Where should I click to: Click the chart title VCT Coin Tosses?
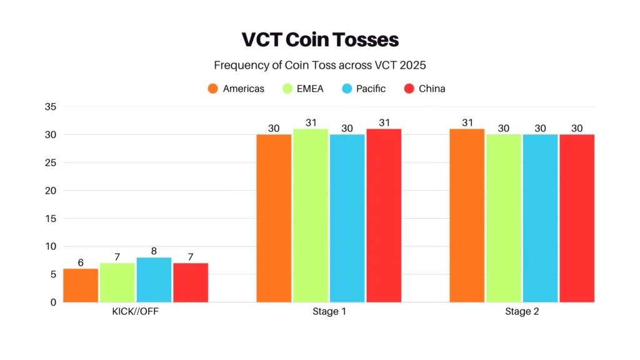(x=320, y=39)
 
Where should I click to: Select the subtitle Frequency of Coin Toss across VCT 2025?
(x=320, y=65)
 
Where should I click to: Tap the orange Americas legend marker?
(x=213, y=89)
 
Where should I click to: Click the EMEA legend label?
(x=311, y=89)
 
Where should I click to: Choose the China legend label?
(x=432, y=89)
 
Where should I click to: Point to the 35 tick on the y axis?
(x=51, y=107)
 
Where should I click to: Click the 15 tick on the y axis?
(x=51, y=219)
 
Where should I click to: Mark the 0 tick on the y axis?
(x=53, y=302)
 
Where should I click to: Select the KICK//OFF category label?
(x=136, y=312)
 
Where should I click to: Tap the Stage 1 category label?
(x=329, y=312)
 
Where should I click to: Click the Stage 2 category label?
(x=522, y=312)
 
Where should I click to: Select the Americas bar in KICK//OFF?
(x=81, y=286)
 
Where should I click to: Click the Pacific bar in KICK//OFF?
(x=154, y=280)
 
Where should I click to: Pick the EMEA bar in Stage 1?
(x=311, y=216)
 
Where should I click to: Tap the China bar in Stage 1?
(x=384, y=216)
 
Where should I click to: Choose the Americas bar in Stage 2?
(x=467, y=216)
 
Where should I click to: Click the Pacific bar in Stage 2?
(x=540, y=219)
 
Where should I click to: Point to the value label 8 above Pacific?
(x=154, y=251)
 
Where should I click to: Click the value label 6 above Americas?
(x=81, y=262)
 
